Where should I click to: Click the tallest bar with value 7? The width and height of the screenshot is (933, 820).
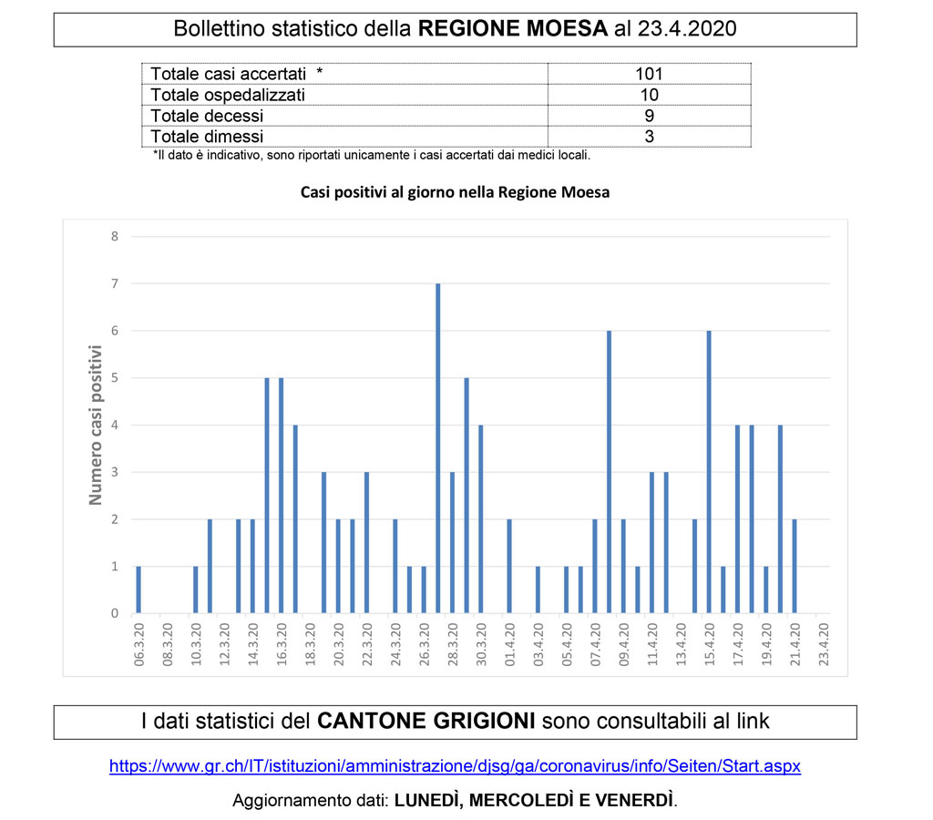pyautogui.click(x=438, y=448)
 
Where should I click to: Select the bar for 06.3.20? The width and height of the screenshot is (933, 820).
pyautogui.click(x=138, y=589)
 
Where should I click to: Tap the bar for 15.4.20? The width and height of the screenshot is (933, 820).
pyautogui.click(x=709, y=472)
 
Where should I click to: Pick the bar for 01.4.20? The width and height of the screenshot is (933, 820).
pyautogui.click(x=509, y=566)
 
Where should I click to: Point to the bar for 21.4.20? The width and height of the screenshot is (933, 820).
pyautogui.click(x=795, y=566)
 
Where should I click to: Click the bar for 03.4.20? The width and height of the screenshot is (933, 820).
pyautogui.click(x=538, y=589)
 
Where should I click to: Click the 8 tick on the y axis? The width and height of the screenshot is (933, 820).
pyautogui.click(x=115, y=237)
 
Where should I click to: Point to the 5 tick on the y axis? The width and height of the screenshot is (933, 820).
pyautogui.click(x=115, y=378)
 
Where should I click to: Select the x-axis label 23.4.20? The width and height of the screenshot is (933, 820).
pyautogui.click(x=824, y=645)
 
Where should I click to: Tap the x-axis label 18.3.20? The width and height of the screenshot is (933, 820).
pyautogui.click(x=310, y=645)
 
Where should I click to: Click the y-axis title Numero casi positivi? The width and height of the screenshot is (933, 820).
pyautogui.click(x=95, y=425)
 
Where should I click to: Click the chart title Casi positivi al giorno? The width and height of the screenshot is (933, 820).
pyautogui.click(x=455, y=193)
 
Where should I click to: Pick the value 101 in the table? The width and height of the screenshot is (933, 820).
pyautogui.click(x=649, y=74)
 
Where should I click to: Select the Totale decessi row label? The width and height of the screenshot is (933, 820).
pyautogui.click(x=207, y=116)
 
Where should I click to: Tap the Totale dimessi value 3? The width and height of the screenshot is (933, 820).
pyautogui.click(x=649, y=137)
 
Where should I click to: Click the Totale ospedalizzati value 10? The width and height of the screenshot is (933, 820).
pyautogui.click(x=649, y=95)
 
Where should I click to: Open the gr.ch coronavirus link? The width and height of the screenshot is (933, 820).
pyautogui.click(x=455, y=766)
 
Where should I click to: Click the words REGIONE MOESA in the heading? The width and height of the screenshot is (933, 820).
pyautogui.click(x=512, y=29)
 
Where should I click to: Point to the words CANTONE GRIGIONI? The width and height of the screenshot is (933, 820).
pyautogui.click(x=425, y=722)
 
